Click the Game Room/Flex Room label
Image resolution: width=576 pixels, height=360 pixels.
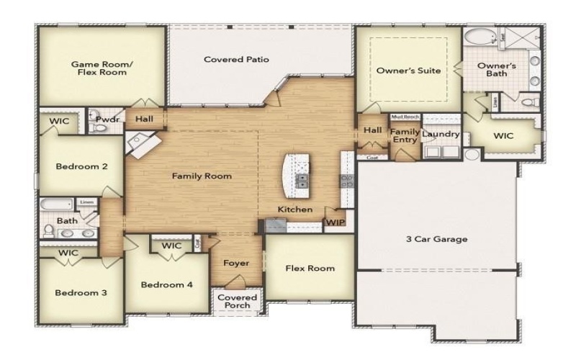pyautogui.click(x=102, y=68)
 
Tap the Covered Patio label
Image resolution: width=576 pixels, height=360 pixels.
pyautogui.click(x=236, y=60)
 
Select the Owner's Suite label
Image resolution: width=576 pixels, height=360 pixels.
pyautogui.click(x=408, y=71)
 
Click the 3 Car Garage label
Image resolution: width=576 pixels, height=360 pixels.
pyautogui.click(x=437, y=239)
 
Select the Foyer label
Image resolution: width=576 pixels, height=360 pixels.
pyautogui.click(x=236, y=263)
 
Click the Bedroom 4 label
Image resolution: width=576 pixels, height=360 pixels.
pyautogui.click(x=166, y=284)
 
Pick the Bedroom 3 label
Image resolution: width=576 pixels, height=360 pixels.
pyautogui.click(x=81, y=292)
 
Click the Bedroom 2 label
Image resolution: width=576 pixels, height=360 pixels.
pyautogui.click(x=81, y=166)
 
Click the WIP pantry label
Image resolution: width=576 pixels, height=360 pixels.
pyautogui.click(x=335, y=222)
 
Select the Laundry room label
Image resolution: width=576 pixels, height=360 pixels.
pyautogui.click(x=441, y=135)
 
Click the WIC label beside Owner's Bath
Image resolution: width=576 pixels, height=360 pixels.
pyautogui.click(x=503, y=135)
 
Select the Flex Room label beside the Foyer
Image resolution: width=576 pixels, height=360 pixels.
pyautogui.click(x=310, y=269)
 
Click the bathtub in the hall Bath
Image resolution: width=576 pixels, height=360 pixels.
pyautogui.click(x=56, y=205)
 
